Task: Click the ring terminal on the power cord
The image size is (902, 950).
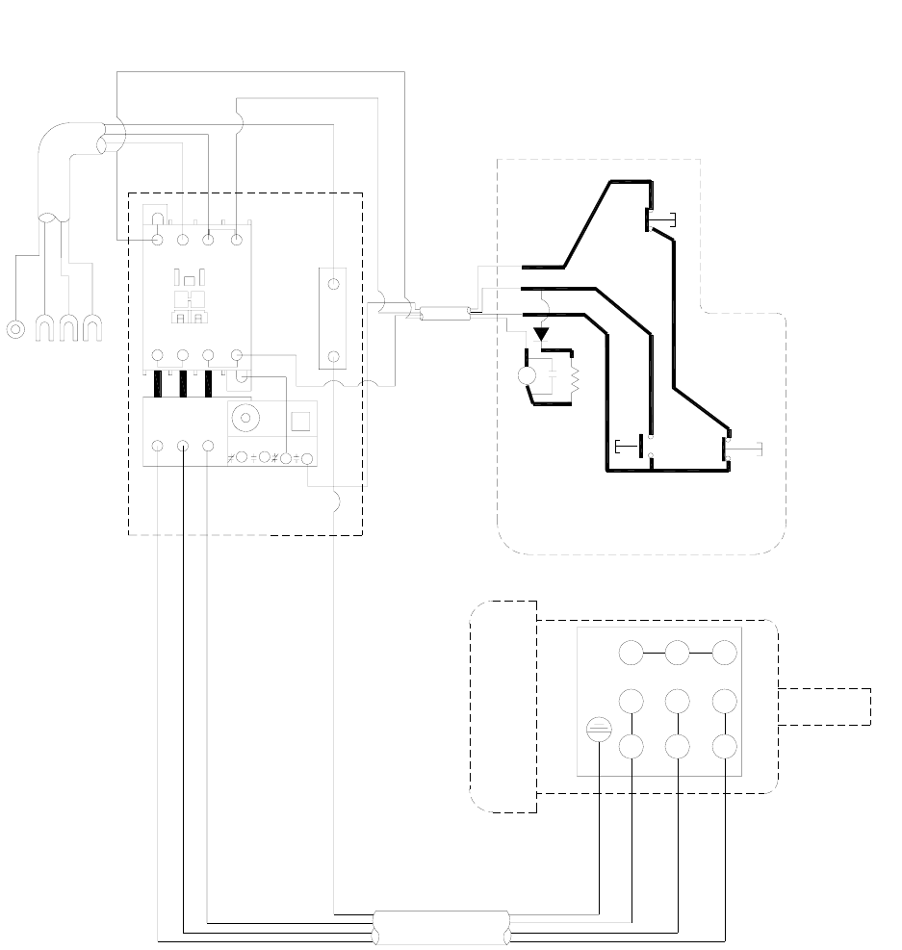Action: pos(15,329)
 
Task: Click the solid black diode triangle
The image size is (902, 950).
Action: pos(541,334)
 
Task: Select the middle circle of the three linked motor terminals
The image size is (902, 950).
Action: pos(678,653)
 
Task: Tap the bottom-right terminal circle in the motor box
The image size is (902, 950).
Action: pos(725,747)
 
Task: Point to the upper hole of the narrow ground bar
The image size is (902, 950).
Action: pos(333,285)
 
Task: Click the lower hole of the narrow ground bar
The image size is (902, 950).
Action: pos(333,356)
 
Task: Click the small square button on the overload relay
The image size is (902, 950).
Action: pos(299,420)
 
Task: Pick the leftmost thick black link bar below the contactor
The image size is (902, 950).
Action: pos(157,383)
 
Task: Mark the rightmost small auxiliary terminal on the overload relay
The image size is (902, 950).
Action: pos(307,457)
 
